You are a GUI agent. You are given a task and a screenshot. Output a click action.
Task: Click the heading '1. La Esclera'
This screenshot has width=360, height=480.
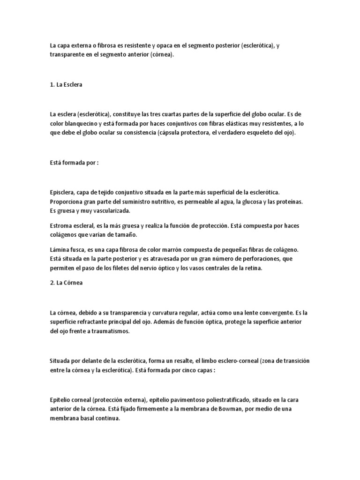[x=66, y=86]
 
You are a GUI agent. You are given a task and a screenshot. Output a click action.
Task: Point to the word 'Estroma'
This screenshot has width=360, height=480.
[x=60, y=226]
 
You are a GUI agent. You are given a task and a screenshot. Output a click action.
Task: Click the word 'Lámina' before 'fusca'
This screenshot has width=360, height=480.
[x=60, y=251]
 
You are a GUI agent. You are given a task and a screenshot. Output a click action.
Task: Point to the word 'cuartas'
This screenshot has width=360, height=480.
[x=185, y=114]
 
